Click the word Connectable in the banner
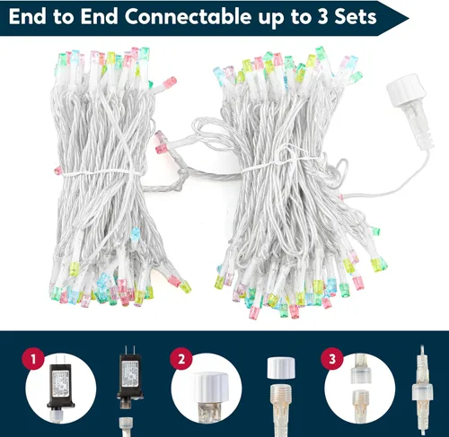pyautogui.click(x=188, y=17)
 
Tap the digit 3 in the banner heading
pyautogui.click(x=323, y=17)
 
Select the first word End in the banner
pyautogui.click(x=27, y=17)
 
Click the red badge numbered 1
pyautogui.click(x=33, y=359)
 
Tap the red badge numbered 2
pyautogui.click(x=181, y=359)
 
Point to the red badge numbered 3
pyautogui.click(x=332, y=359)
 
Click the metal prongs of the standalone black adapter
pyautogui.click(x=129, y=350)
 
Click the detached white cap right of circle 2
pyautogui.click(x=281, y=368)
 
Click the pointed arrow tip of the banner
pyautogui.click(x=409, y=18)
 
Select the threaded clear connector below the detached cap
pyautogui.click(x=281, y=410)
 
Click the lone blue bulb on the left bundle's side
pyautogui.click(x=136, y=233)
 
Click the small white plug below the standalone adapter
pyautogui.click(x=126, y=427)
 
